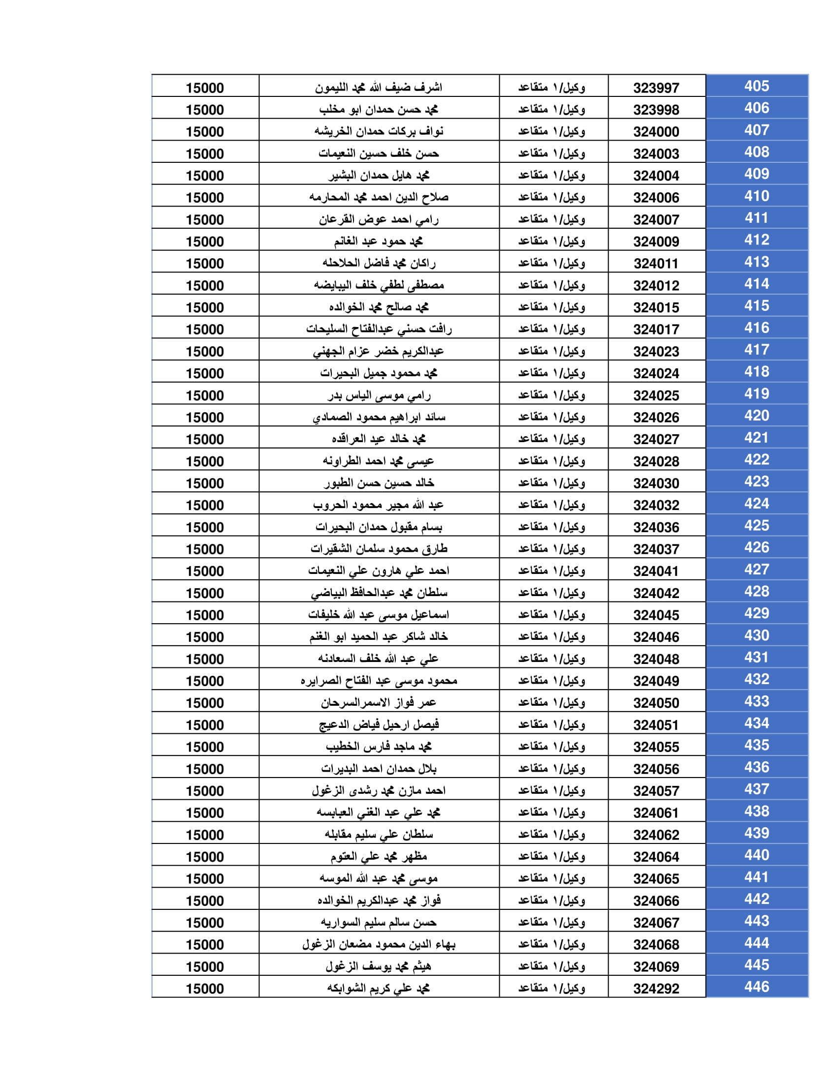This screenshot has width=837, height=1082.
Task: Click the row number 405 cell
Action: tap(756, 86)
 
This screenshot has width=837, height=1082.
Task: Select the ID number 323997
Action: tap(655, 88)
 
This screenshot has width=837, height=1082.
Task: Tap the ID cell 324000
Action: tap(655, 132)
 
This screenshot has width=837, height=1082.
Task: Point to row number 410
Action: tap(756, 196)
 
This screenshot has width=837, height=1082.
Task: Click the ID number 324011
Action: tap(655, 264)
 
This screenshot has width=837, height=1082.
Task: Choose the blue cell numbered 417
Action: tap(756, 350)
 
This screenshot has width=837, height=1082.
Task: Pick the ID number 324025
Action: tap(655, 395)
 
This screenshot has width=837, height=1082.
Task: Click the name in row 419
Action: tap(379, 395)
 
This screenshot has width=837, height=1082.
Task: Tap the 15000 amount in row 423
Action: tap(205, 483)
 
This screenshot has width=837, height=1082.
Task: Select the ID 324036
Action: tap(655, 527)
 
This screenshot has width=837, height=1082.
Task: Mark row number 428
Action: tap(756, 592)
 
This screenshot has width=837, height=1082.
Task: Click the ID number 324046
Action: tap(655, 637)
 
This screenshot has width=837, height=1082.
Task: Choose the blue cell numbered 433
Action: tap(756, 701)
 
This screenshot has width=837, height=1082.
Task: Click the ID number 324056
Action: tap(655, 769)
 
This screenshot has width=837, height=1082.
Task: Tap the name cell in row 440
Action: tap(379, 857)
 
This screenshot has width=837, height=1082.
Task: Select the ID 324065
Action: tap(655, 879)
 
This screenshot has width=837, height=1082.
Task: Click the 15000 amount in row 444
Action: tap(205, 945)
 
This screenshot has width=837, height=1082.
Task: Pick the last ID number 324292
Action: tap(655, 989)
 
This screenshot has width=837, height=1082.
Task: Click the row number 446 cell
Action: tap(756, 987)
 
